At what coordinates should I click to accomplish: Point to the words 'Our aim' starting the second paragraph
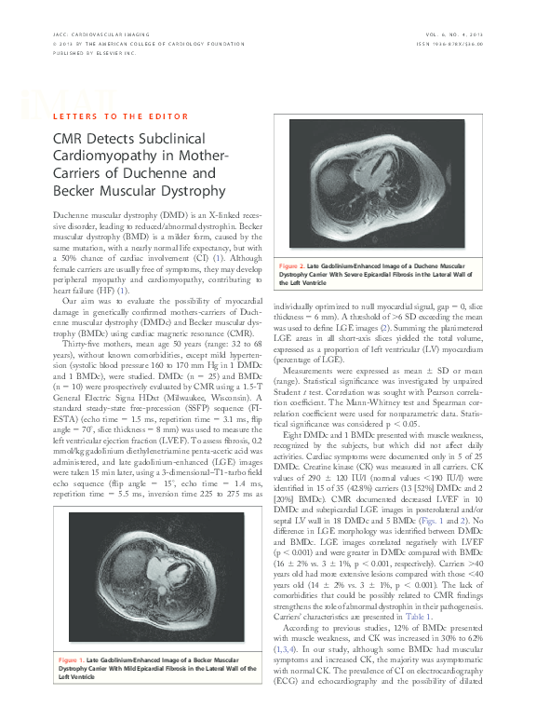75,303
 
